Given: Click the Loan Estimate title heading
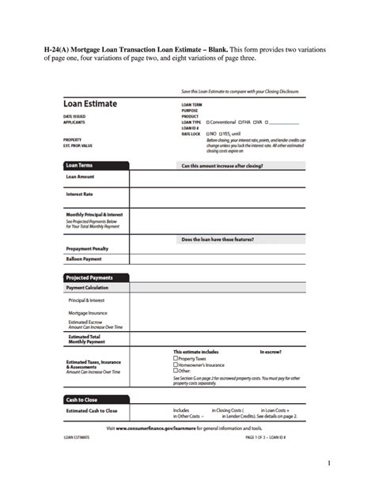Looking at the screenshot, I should point(90,104).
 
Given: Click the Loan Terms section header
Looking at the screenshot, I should point(80,166).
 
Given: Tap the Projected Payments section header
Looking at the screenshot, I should point(89,277).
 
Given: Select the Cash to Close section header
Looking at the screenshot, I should point(81,399).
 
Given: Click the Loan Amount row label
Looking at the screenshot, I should point(80,177).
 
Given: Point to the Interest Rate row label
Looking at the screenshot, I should point(80,194).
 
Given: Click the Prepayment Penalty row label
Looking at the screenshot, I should point(87,249).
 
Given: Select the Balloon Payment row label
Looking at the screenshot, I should point(84,258).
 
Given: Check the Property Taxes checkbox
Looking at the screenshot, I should point(176,359).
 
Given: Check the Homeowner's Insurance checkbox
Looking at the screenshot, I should point(176,365).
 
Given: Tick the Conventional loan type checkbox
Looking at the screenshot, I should point(208,123).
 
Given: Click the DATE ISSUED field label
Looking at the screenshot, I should point(74,116).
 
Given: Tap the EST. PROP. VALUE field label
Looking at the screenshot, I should point(78,145).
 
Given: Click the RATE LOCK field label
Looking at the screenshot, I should point(191,134).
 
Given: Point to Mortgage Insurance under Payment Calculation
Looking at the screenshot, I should point(88,313).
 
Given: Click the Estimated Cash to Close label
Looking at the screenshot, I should point(91,410).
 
